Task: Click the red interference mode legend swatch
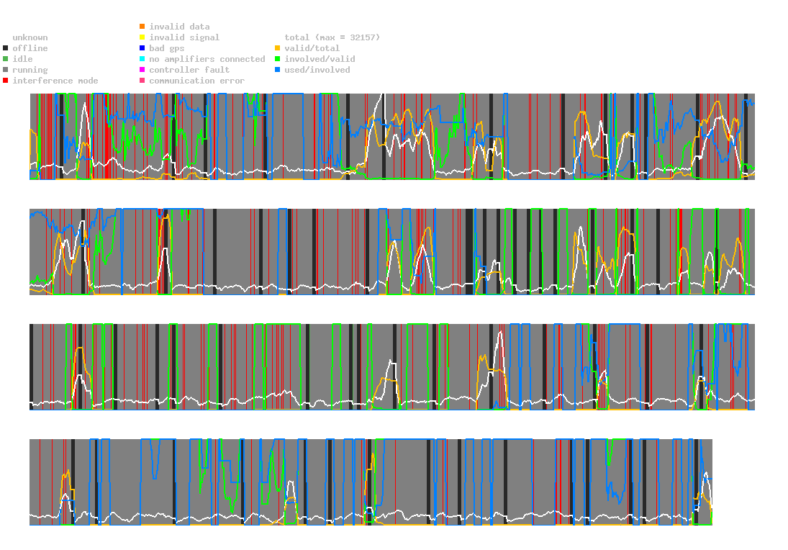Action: coord(6,81)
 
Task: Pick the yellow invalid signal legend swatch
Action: coord(142,37)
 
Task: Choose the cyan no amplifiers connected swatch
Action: coord(142,59)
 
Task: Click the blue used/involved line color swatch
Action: coord(278,70)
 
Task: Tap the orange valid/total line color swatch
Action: coord(278,48)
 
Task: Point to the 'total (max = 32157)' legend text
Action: coord(332,37)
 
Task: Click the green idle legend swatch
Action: coord(6,59)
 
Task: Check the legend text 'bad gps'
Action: coord(167,48)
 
